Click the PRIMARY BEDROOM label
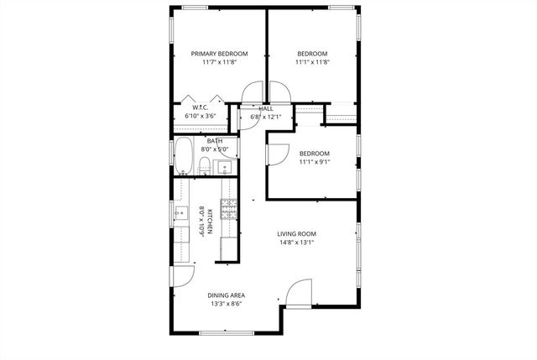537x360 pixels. (219, 53)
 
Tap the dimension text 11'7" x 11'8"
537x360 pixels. (219, 62)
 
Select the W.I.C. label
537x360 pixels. (201, 107)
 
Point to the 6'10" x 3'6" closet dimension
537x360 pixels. (201, 116)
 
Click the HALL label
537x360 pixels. (266, 109)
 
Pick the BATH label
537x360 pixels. (215, 141)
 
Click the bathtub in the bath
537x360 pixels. (184, 157)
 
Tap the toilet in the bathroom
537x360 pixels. (205, 164)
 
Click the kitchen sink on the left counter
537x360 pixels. (180, 215)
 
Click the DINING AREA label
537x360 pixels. (226, 295)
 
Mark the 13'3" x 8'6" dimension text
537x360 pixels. (226, 305)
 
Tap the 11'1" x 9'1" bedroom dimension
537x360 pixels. (314, 163)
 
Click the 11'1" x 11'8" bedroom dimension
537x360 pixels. (311, 62)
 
